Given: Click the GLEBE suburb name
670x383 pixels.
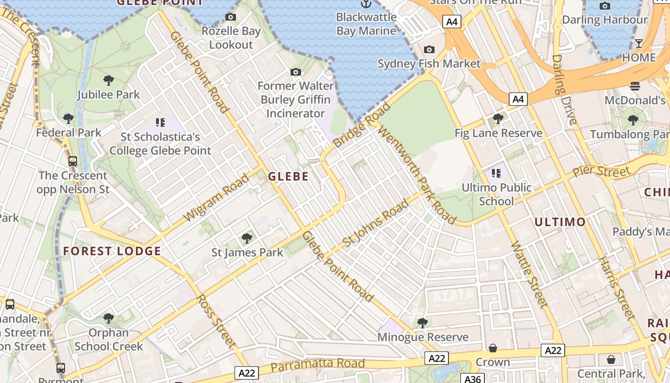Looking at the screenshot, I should pyautogui.click(x=288, y=176).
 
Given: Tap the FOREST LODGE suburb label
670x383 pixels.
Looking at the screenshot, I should pyautogui.click(x=112, y=251).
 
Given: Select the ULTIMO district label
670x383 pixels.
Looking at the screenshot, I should pyautogui.click(x=559, y=222).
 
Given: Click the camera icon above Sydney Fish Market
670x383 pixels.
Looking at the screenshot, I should pyautogui.click(x=429, y=50).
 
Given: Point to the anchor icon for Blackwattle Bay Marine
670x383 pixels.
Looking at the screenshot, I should pyautogui.click(x=366, y=4).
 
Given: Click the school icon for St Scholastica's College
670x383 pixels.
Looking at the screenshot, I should pyautogui.click(x=160, y=123).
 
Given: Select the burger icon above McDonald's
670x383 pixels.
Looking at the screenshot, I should pyautogui.click(x=635, y=86).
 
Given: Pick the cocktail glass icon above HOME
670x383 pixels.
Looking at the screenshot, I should pyautogui.click(x=638, y=44).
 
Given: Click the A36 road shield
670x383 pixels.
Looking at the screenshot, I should pyautogui.click(x=472, y=379).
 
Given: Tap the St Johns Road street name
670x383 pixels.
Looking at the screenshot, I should pyautogui.click(x=376, y=223).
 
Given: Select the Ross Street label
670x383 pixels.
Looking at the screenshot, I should pyautogui.click(x=216, y=321).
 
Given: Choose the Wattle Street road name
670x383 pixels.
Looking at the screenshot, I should pyautogui.click(x=529, y=274).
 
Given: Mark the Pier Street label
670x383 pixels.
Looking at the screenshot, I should pyautogui.click(x=602, y=171).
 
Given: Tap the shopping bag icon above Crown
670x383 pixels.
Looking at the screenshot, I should pyautogui.click(x=493, y=348).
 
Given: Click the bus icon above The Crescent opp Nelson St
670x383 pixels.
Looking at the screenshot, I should pyautogui.click(x=73, y=161).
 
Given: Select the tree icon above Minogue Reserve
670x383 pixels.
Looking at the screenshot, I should pyautogui.click(x=422, y=323).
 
